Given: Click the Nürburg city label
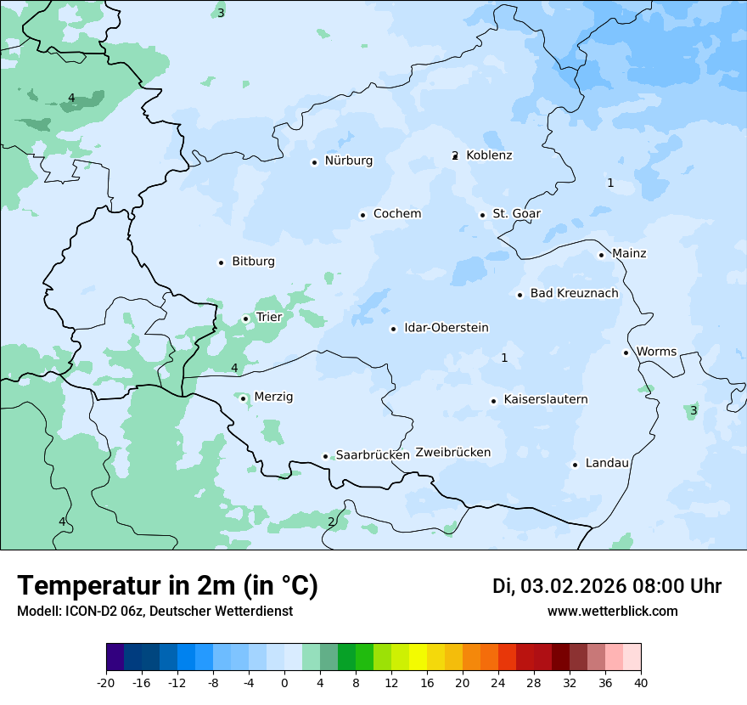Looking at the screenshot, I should pyautogui.click(x=348, y=161).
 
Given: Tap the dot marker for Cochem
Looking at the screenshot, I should pyautogui.click(x=362, y=215).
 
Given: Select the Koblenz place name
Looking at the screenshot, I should pyautogui.click(x=489, y=155).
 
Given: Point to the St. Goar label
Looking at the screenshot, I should pyautogui.click(x=516, y=214).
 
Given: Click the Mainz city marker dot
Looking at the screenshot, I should pyautogui.click(x=601, y=255).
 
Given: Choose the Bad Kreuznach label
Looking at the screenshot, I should pyautogui.click(x=574, y=294).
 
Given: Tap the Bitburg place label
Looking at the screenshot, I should pyautogui.click(x=253, y=262).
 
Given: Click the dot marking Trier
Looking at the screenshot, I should pyautogui.click(x=245, y=319).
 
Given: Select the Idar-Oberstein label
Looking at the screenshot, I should pyautogui.click(x=446, y=328).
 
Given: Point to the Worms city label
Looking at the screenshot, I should pyautogui.click(x=656, y=352).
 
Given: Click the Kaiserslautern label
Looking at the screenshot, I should pyautogui.click(x=545, y=400).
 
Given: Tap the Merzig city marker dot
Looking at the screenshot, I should pyautogui.click(x=243, y=398).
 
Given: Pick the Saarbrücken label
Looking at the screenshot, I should pyautogui.click(x=373, y=455).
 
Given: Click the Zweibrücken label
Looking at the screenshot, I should pyautogui.click(x=452, y=453).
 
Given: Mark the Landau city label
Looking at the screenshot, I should pyautogui.click(x=607, y=464).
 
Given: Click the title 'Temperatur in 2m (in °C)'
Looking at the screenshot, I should pyautogui.click(x=167, y=586).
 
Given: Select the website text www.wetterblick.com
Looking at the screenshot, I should pyautogui.click(x=612, y=612).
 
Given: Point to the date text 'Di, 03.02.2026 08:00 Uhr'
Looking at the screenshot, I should pyautogui.click(x=607, y=586).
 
